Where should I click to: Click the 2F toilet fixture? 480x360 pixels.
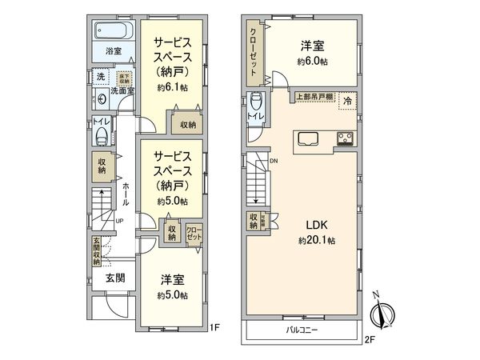point(254,103)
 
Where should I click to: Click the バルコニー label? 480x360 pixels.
point(300,329)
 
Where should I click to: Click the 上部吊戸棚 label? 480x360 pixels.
point(312,96)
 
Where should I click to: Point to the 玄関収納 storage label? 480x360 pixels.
point(94,250)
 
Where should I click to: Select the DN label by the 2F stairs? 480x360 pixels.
point(274,162)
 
